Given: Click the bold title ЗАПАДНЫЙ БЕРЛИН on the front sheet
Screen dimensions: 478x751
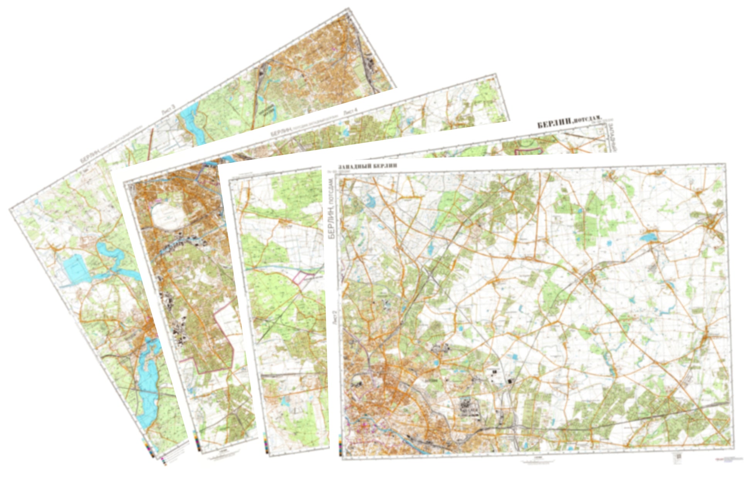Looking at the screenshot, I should (367, 167).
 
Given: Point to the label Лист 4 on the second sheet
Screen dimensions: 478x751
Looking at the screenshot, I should (350, 111).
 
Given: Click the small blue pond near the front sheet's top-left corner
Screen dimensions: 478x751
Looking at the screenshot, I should (371, 200).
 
